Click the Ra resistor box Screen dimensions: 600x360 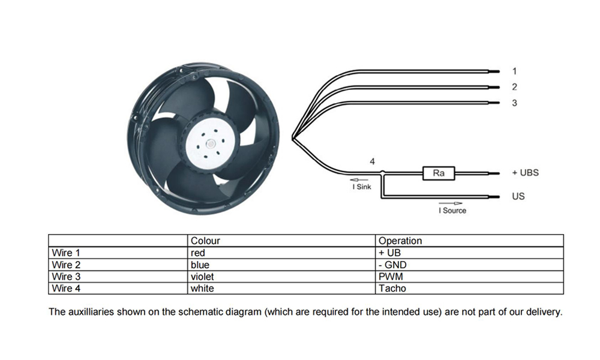coord(439,173)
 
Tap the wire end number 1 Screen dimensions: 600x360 coord(515,71)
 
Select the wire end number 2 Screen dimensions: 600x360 coord(515,87)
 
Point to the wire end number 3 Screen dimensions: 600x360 coord(515,103)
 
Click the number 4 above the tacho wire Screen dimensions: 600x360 coord(373,161)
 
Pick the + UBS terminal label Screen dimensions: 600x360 coord(526,173)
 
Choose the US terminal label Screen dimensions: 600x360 coord(518,196)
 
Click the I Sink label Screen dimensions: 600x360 coord(362,187)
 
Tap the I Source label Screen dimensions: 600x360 coord(452,211)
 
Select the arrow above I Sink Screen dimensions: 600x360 coord(359,180)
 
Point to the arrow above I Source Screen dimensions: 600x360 coord(451,203)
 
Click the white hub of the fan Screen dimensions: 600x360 coord(209,143)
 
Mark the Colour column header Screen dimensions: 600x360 coord(205,241)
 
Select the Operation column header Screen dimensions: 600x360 coord(400,241)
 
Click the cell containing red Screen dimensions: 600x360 coord(281,253)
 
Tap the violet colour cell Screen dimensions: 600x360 coord(281,276)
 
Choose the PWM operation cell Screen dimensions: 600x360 coord(469,276)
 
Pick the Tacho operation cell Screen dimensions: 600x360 coord(469,288)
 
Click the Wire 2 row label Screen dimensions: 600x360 coord(66,265)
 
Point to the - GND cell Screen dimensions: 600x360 coord(469,265)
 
